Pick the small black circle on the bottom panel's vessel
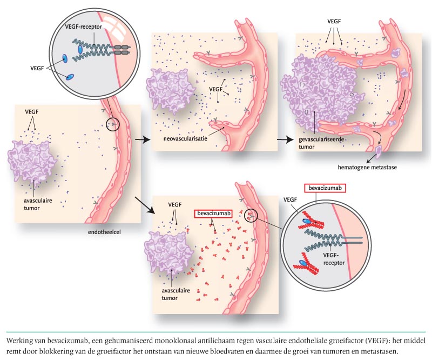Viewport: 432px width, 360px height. [x=251, y=216]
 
